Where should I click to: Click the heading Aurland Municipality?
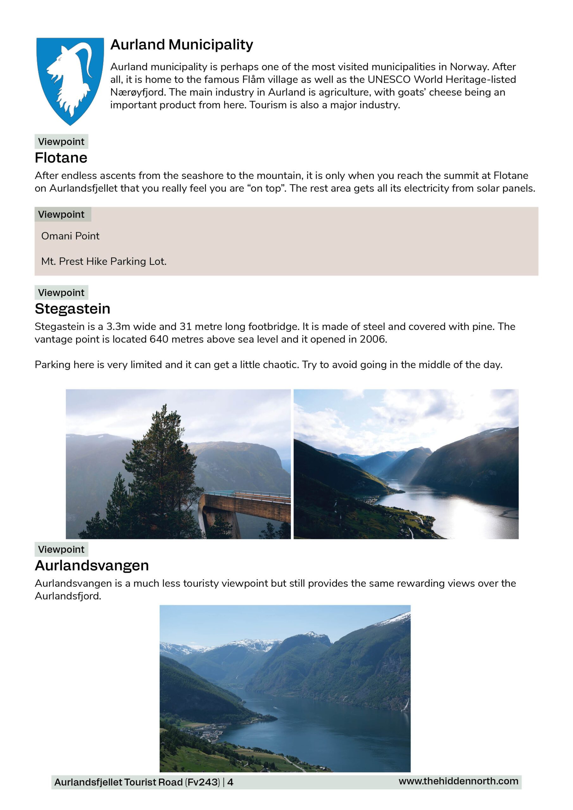(x=181, y=45)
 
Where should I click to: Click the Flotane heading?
(x=61, y=158)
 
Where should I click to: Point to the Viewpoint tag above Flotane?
(x=61, y=142)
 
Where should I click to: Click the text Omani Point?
(x=70, y=236)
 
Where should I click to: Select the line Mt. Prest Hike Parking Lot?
(x=104, y=261)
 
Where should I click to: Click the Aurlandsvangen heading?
(x=92, y=565)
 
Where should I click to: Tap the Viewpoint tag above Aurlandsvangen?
(x=61, y=550)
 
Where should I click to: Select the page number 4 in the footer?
(x=230, y=782)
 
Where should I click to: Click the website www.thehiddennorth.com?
(x=458, y=781)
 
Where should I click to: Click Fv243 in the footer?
(x=203, y=782)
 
